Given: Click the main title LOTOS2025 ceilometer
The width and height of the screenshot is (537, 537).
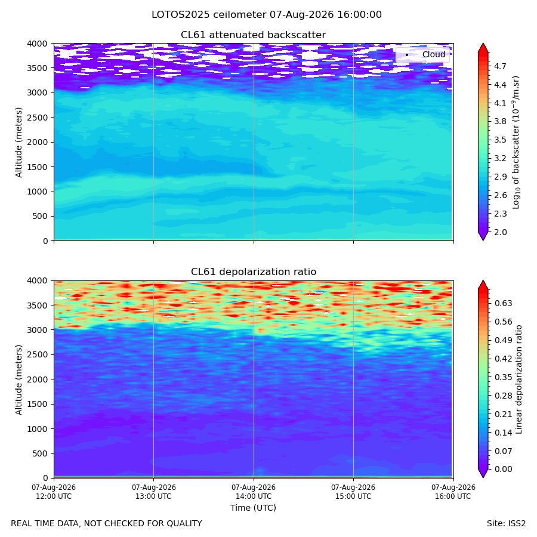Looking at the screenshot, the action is pyautogui.click(x=209, y=15).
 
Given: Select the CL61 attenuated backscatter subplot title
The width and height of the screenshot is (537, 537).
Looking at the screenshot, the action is pyautogui.click(x=253, y=35).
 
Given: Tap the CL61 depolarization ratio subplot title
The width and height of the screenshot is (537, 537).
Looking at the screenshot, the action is pyautogui.click(x=254, y=271).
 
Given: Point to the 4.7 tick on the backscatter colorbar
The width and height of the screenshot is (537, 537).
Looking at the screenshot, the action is pyautogui.click(x=500, y=66).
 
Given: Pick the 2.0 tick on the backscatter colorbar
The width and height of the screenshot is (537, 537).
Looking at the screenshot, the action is pyautogui.click(x=500, y=232).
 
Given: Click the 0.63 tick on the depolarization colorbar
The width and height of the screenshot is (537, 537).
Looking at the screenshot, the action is pyautogui.click(x=503, y=303).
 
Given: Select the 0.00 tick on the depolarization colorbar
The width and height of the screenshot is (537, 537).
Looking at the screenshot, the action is pyautogui.click(x=503, y=469).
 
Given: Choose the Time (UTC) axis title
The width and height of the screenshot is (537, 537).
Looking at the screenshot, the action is pyautogui.click(x=253, y=508).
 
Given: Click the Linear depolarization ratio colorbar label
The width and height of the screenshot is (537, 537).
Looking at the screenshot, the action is pyautogui.click(x=519, y=379).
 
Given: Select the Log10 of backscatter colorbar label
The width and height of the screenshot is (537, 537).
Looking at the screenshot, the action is pyautogui.click(x=516, y=142).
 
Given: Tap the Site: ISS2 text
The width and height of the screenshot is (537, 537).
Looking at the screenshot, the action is pyautogui.click(x=506, y=523).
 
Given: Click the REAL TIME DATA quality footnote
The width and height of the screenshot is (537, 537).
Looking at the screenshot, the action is pyautogui.click(x=107, y=523).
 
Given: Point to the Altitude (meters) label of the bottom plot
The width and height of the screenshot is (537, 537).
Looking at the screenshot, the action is pyautogui.click(x=18, y=379).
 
